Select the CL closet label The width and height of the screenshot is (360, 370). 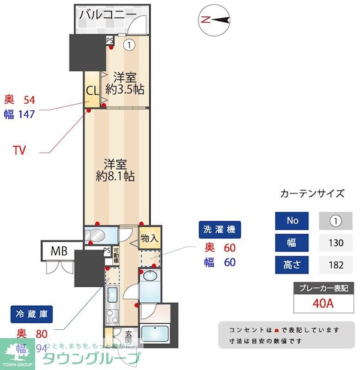(x=92, y=92)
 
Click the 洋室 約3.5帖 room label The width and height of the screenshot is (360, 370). (x=125, y=83)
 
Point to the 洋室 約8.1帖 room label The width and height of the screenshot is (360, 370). (x=115, y=169)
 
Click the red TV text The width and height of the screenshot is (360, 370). (x=20, y=150)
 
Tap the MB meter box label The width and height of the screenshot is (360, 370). (x=59, y=250)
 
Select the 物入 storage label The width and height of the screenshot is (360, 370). (x=149, y=238)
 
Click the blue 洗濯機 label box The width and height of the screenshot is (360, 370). (x=220, y=229)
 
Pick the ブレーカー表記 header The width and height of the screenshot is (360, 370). (x=322, y=288)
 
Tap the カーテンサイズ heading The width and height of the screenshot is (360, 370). (x=313, y=194)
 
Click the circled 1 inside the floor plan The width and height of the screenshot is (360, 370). (x=129, y=44)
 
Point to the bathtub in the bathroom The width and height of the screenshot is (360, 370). (x=159, y=333)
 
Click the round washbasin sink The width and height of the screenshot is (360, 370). (x=149, y=276)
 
